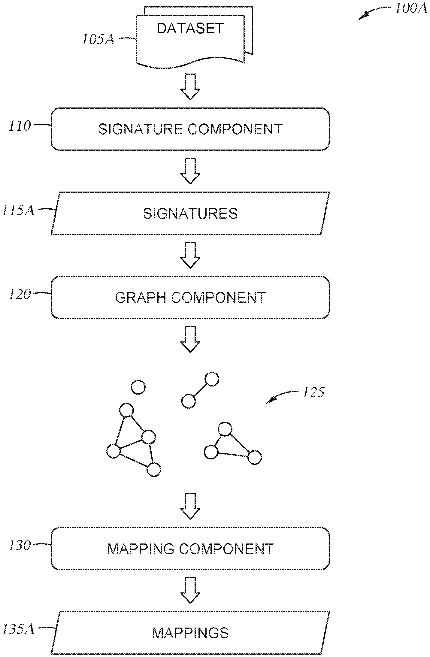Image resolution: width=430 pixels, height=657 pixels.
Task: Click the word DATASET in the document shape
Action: click(190, 29)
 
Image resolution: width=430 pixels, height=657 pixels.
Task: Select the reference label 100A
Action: click(411, 9)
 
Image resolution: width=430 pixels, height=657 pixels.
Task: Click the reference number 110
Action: click(20, 126)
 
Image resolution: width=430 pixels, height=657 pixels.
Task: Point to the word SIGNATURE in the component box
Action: click(141, 129)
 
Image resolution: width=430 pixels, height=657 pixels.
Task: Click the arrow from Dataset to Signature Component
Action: click(190, 86)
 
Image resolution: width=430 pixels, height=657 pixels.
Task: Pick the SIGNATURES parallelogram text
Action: click(190, 213)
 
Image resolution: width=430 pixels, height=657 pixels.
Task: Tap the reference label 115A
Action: click(18, 210)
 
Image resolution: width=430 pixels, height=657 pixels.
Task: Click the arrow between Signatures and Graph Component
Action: click(190, 255)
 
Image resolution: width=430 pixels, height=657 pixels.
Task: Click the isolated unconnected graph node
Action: click(138, 387)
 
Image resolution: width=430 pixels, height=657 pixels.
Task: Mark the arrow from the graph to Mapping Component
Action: click(190, 506)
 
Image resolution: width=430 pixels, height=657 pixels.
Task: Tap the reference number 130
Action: click(20, 546)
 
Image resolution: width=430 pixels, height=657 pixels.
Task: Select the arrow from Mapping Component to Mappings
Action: click(190, 590)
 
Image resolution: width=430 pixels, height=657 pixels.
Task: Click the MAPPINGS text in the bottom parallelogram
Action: click(190, 633)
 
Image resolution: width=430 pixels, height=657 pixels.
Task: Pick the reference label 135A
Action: click(18, 630)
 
